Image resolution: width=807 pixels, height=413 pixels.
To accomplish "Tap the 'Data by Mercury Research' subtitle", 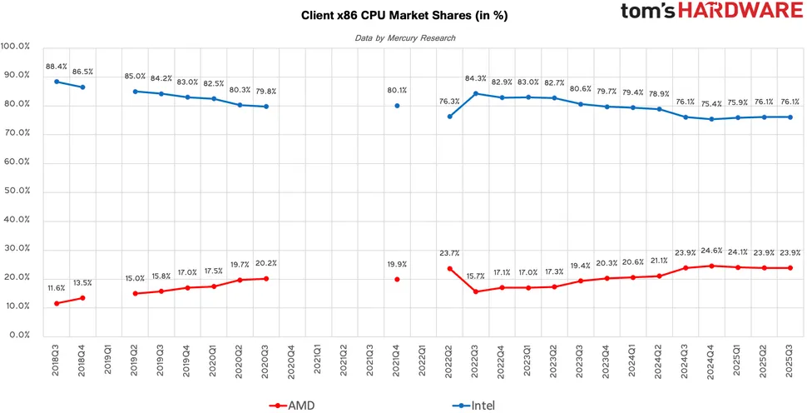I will (x=405, y=38).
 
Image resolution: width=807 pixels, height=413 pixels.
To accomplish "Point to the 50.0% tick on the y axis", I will (x=16, y=191).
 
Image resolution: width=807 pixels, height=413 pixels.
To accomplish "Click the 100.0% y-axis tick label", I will (x=16, y=46).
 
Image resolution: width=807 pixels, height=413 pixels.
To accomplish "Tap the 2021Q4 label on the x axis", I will (x=397, y=363).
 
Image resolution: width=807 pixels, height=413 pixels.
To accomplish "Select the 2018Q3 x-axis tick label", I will (x=57, y=363).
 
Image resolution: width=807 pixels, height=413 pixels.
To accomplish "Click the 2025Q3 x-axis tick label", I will (x=790, y=363).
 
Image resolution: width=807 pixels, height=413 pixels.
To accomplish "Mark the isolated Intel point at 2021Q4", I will (x=397, y=106).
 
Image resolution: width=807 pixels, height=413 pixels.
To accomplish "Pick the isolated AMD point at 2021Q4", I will (x=397, y=279).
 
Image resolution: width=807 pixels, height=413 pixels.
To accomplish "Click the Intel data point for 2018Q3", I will (x=57, y=82).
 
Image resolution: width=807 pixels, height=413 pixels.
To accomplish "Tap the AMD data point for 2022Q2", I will (x=449, y=268).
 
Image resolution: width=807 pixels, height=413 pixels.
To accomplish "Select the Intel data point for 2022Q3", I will (x=475, y=93).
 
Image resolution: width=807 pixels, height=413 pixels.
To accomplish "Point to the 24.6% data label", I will (x=710, y=250).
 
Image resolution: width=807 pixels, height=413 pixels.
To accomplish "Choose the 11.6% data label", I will (x=56, y=287).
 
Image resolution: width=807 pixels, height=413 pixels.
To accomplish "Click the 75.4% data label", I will (x=710, y=104).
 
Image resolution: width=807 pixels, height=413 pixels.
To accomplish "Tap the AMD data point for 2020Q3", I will (x=266, y=278).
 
